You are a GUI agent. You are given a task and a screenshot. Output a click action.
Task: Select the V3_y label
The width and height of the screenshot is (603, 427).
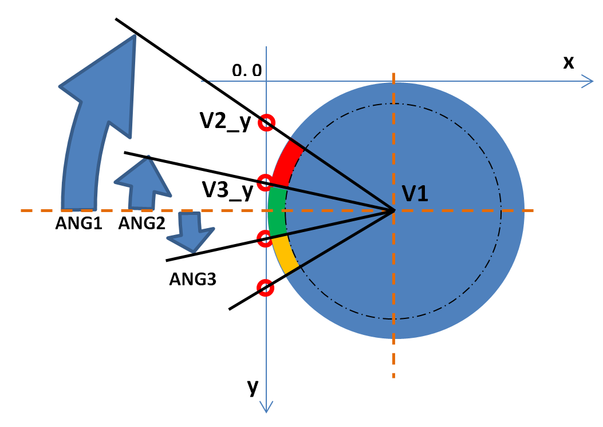(227, 190)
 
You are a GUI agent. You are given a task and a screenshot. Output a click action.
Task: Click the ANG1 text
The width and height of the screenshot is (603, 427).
(78, 224)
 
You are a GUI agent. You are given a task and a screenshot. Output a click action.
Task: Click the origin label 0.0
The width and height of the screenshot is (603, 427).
(247, 70)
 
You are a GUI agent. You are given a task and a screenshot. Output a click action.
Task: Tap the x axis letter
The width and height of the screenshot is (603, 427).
(568, 62)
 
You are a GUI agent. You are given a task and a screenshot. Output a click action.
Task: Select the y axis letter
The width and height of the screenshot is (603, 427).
(253, 387)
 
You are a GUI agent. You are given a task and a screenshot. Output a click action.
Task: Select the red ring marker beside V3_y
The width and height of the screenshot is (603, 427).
(265, 183)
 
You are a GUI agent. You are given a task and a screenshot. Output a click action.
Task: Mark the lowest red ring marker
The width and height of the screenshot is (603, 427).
(265, 286)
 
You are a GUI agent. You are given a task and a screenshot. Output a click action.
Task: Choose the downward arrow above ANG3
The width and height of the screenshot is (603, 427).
(193, 231)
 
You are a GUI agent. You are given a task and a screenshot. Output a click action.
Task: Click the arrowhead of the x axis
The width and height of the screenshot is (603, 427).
(586, 81)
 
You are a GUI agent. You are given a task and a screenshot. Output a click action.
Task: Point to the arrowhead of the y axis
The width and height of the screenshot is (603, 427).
(267, 406)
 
